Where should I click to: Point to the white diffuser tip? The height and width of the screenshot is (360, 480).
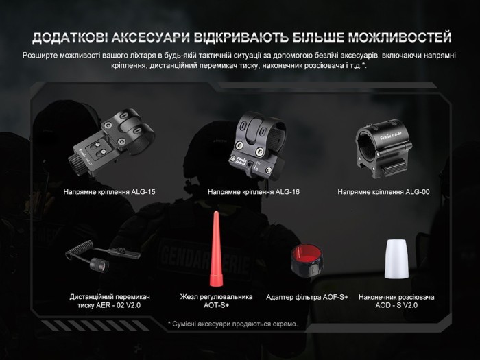pyautogui.click(x=395, y=259)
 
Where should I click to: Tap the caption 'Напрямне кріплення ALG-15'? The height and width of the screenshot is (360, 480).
pyautogui.click(x=109, y=193)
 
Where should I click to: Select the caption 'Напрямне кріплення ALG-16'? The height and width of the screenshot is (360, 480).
pyautogui.click(x=253, y=193)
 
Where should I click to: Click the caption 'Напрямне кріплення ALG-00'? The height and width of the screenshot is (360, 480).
pyautogui.click(x=383, y=193)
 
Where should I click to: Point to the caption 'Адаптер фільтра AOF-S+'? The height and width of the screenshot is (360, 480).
pyautogui.click(x=307, y=297)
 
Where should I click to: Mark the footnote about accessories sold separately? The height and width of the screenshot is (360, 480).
pyautogui.click(x=232, y=324)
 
